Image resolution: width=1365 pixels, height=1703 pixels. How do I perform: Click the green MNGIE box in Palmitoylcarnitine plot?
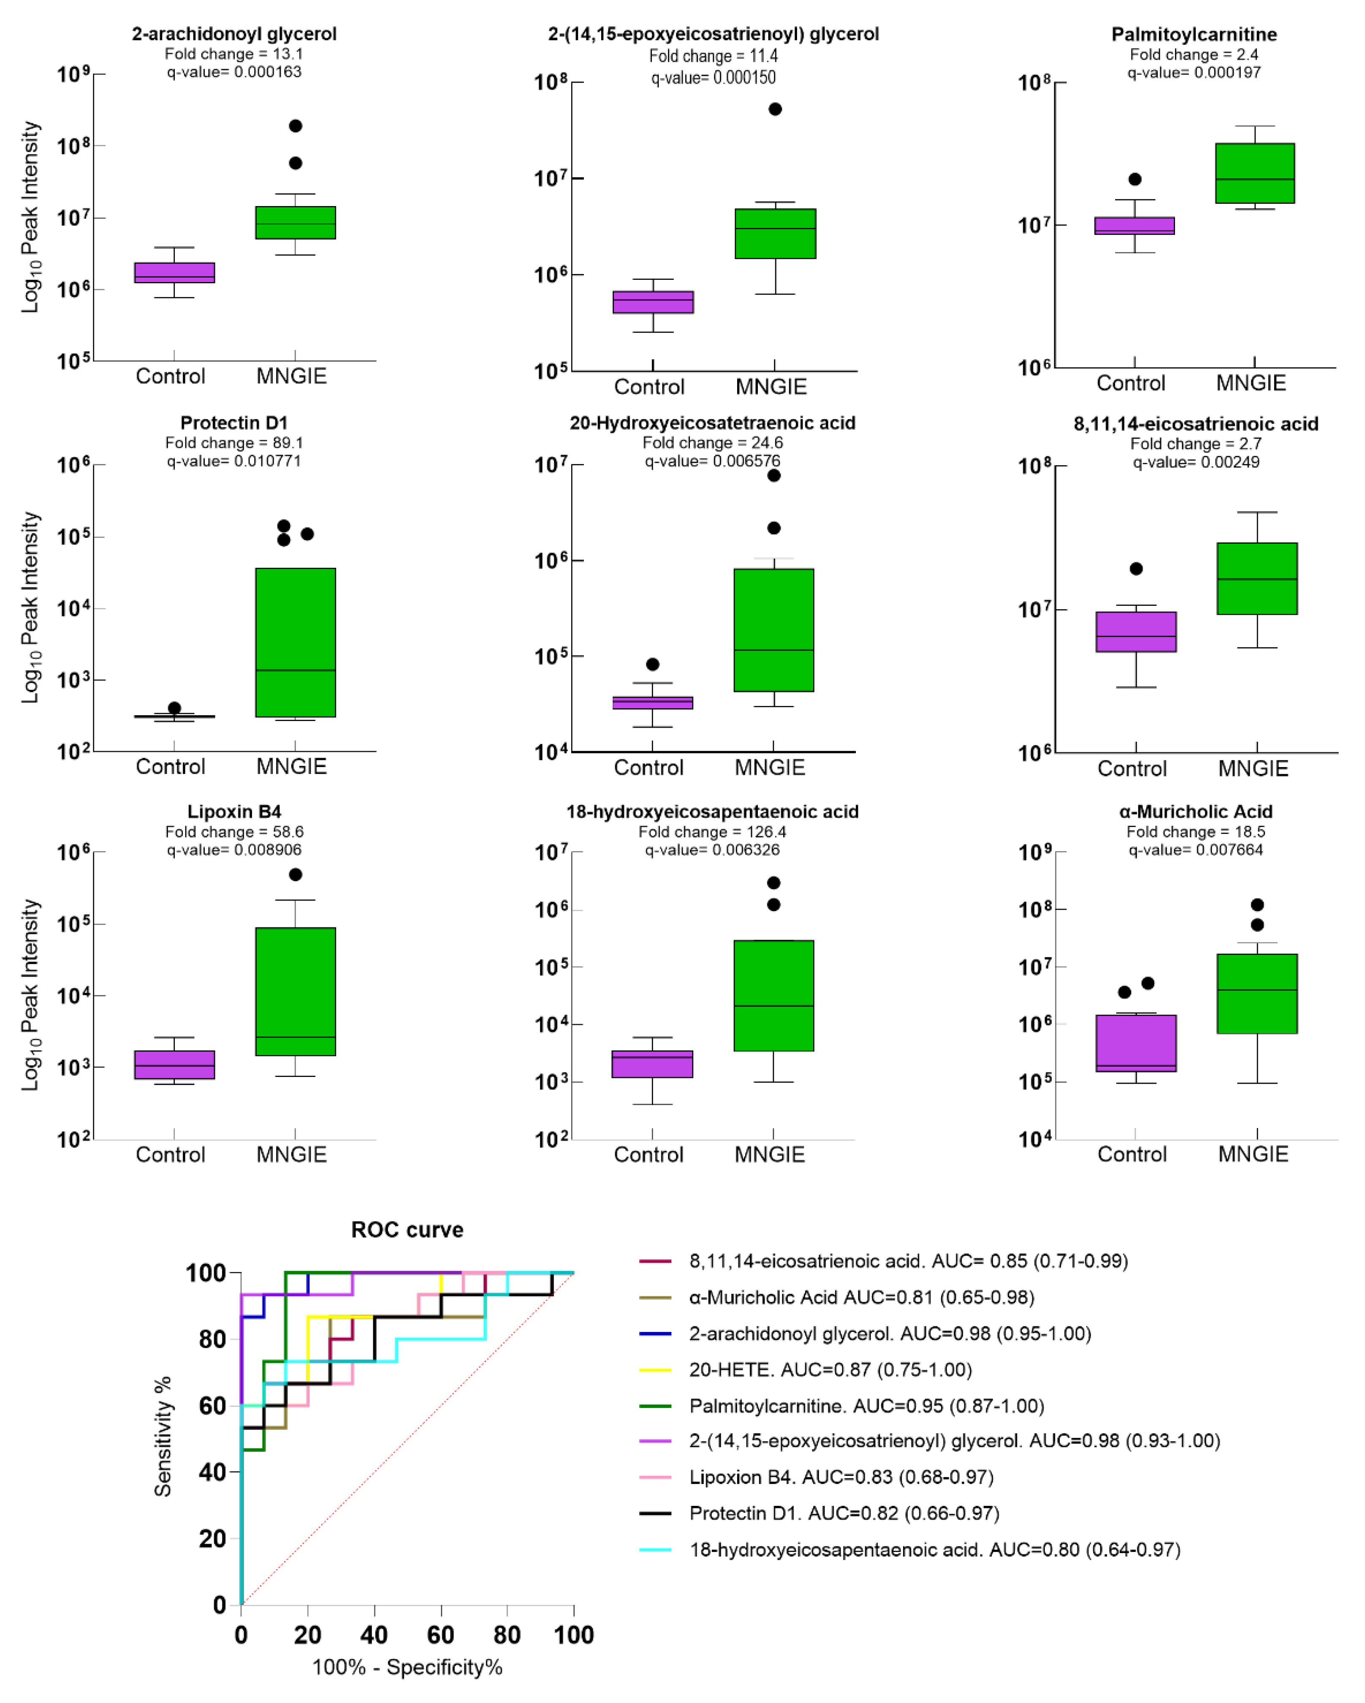pos(1254,173)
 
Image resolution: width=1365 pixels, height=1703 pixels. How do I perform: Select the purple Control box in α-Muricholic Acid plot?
pos(1136,1043)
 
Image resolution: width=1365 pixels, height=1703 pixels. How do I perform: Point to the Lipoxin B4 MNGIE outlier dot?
pos(296,874)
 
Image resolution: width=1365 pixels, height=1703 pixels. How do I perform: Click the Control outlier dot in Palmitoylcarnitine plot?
pos(1135,179)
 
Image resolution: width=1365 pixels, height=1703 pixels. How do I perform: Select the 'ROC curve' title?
pos(407,1230)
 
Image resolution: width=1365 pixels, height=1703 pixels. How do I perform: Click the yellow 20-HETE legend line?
pos(655,1369)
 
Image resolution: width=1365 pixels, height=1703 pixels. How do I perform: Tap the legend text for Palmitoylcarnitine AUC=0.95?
pos(866,1406)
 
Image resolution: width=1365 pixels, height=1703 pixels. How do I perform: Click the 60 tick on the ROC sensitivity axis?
pos(212,1406)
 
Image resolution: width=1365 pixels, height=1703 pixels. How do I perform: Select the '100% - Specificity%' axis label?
pos(407,1668)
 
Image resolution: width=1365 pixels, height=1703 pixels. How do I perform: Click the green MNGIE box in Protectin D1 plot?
pos(296,642)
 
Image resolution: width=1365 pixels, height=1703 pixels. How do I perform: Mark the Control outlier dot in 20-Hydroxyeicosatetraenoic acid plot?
pos(652,664)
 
